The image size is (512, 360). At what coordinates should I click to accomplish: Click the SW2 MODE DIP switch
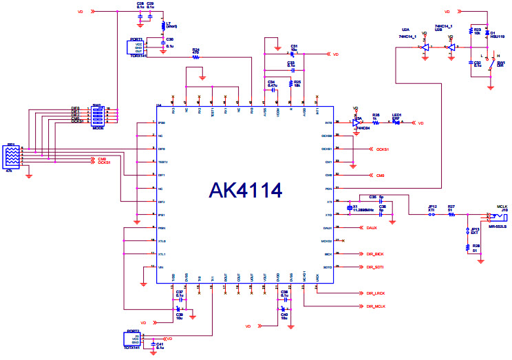(97, 116)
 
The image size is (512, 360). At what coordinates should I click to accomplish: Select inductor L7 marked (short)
(163, 27)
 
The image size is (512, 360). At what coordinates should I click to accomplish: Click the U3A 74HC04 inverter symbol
(357, 123)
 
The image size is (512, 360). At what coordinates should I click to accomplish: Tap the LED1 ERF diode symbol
(397, 123)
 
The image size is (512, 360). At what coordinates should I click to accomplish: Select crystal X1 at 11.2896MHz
(351, 207)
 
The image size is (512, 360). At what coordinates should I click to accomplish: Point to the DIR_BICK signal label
(375, 253)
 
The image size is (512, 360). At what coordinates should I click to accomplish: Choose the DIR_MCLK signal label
(376, 305)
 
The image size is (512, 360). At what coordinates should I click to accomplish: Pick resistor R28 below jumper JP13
(468, 246)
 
